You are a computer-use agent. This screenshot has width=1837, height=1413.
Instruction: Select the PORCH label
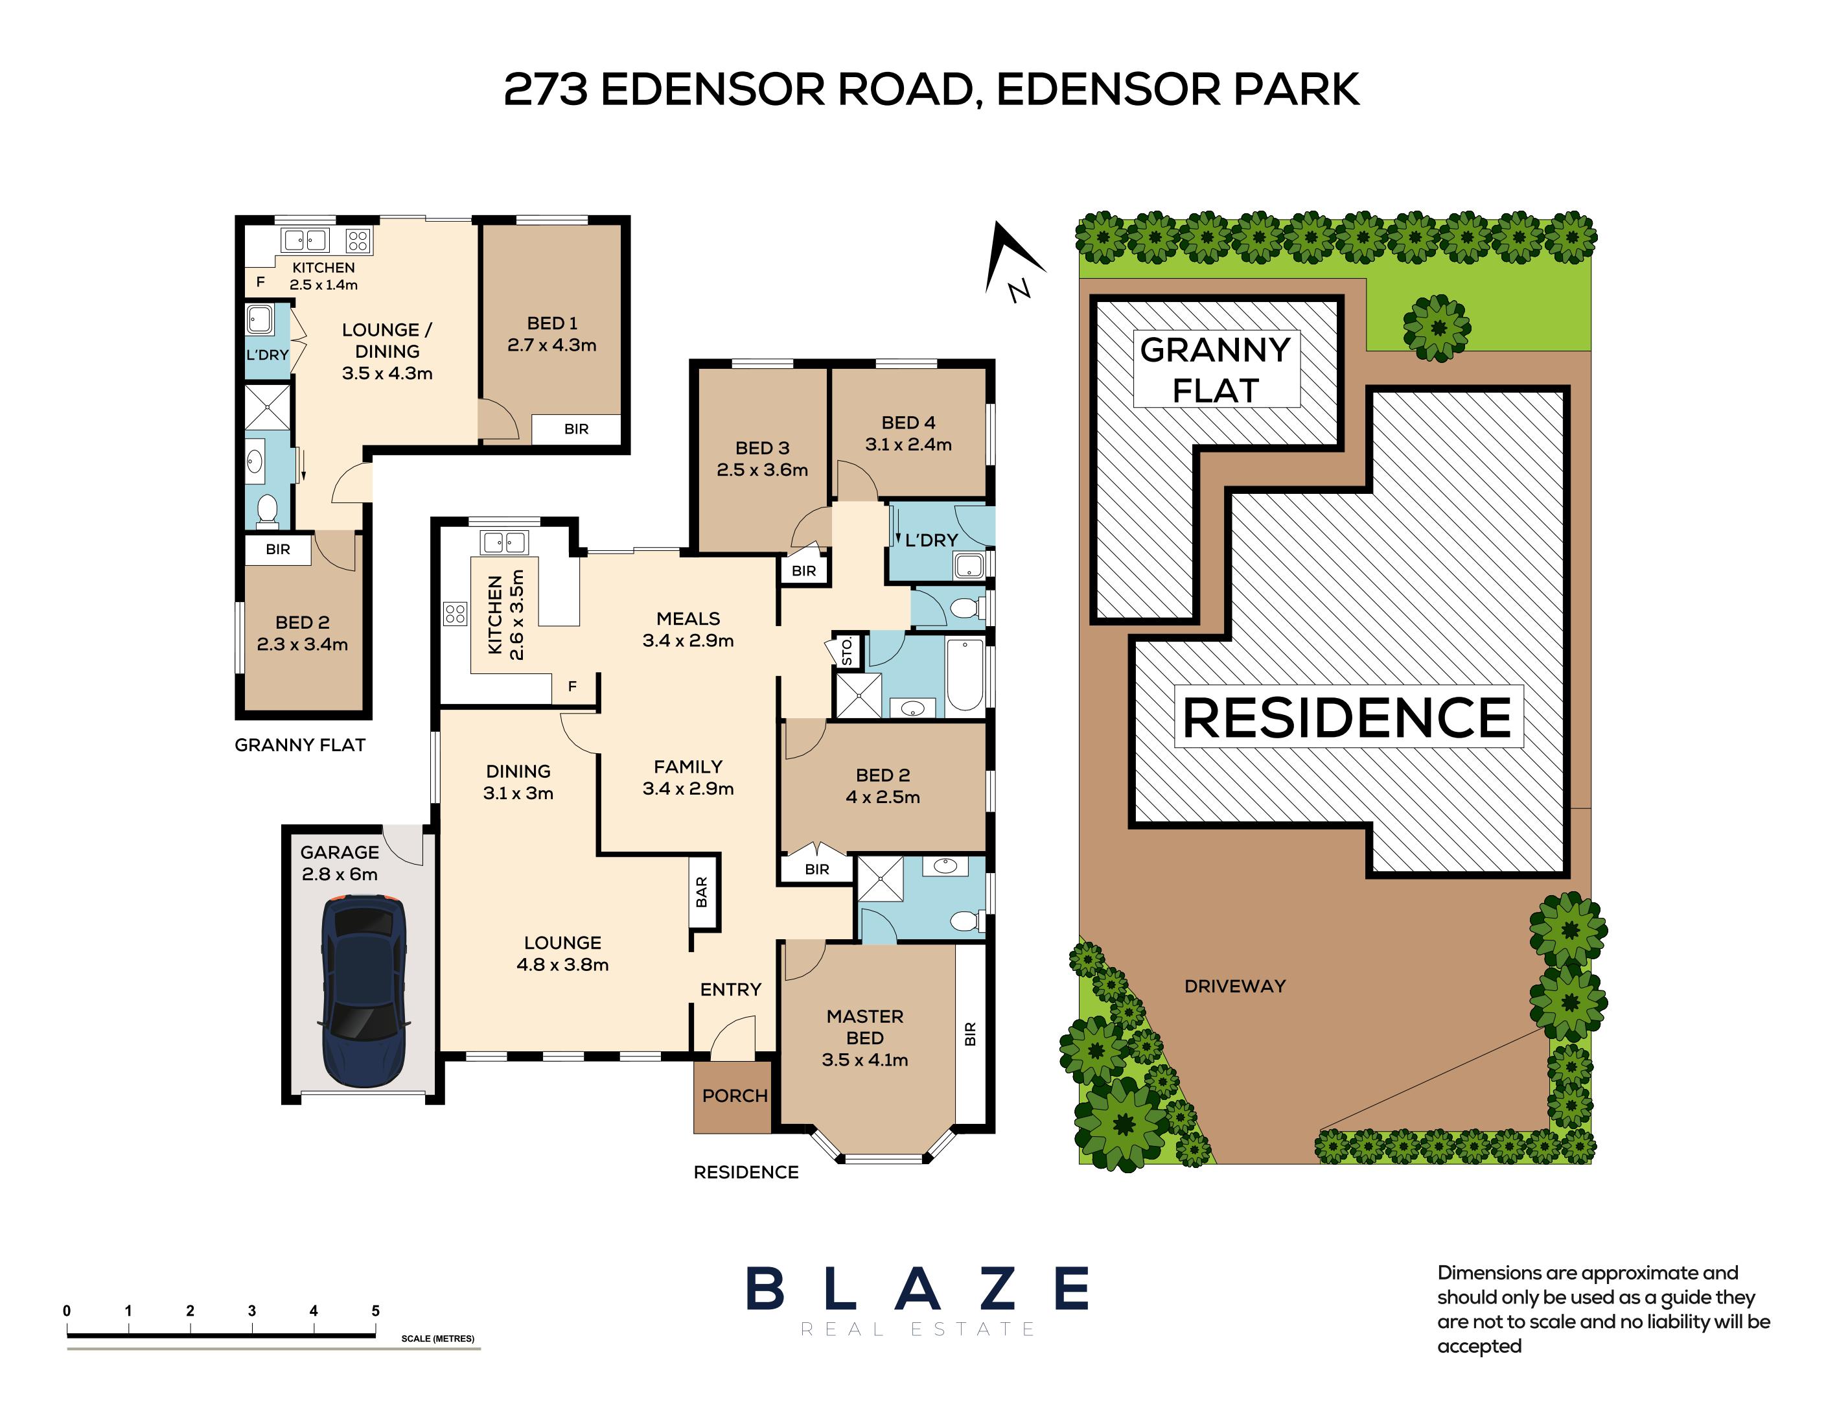[x=734, y=1095]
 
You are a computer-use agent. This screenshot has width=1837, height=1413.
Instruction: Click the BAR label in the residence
[x=702, y=891]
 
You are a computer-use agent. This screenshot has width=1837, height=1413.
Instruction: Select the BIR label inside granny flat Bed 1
[x=576, y=429]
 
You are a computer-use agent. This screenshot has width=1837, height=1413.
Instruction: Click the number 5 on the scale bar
[x=375, y=1311]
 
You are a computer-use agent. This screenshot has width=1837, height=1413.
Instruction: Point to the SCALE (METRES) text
[x=437, y=1338]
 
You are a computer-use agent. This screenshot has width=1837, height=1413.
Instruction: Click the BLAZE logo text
[x=916, y=1289]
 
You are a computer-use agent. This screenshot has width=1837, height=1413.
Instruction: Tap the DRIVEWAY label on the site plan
[x=1234, y=986]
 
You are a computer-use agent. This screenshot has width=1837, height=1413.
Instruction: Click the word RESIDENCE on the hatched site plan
[x=1347, y=718]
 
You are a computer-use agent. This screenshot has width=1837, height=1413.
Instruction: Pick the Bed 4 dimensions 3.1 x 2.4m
[x=908, y=445]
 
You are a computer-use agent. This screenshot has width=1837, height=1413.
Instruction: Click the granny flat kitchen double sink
[x=305, y=240]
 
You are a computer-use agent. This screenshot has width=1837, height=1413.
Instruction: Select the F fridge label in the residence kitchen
[x=572, y=686]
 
